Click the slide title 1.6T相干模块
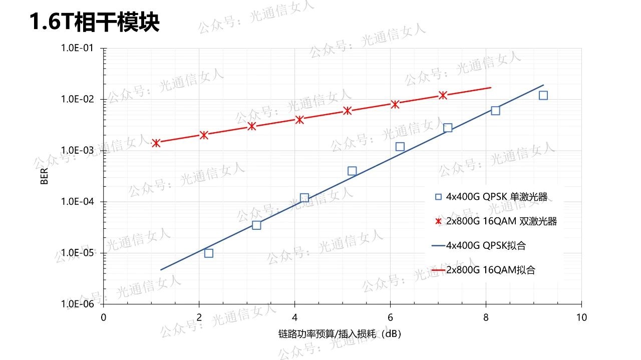95,23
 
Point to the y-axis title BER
44,177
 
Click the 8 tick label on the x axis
486,317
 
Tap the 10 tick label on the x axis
581,317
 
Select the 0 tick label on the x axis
104,317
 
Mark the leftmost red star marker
156,143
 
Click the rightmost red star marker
443,95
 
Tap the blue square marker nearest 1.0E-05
209,253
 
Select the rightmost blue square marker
543,95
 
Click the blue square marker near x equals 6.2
400,147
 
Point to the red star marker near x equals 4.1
299,120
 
